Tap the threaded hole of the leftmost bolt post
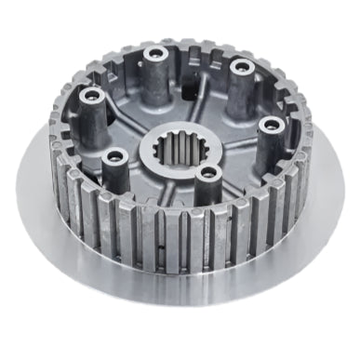point(92,97)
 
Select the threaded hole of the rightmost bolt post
point(271,124)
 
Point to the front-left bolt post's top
point(114,157)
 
